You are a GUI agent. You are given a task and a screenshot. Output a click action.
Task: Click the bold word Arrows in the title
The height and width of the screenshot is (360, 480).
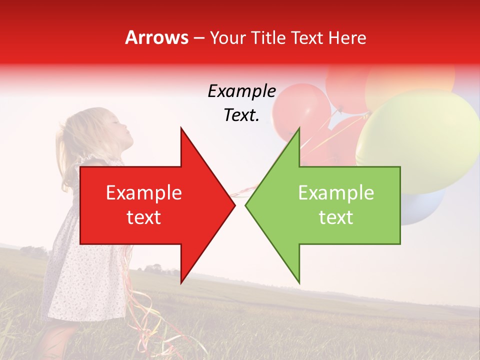[x=156, y=37]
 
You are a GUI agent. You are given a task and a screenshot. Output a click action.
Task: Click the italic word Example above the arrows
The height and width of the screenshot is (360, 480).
[x=241, y=91]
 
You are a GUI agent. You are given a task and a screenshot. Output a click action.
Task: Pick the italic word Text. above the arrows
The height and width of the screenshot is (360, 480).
[x=241, y=115]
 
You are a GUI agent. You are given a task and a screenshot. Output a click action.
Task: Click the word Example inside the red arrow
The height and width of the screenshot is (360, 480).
[x=144, y=193]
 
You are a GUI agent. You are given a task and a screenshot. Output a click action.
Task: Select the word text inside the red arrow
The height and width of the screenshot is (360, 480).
[x=144, y=217]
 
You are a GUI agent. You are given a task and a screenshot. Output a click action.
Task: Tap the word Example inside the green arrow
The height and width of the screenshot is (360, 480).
[x=336, y=193]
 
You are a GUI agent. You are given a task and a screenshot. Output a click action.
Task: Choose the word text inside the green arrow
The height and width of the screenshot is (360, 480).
[x=336, y=217]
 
